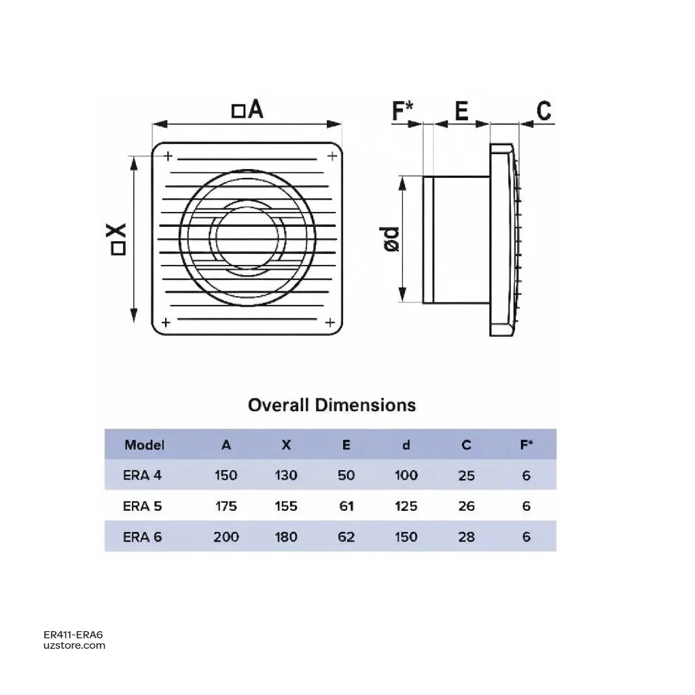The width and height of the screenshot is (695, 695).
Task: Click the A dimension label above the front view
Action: (x=248, y=109)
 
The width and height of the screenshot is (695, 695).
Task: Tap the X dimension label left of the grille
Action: (x=118, y=239)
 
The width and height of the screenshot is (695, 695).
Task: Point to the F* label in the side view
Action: (x=402, y=110)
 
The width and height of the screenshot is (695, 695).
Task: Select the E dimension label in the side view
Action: (x=461, y=111)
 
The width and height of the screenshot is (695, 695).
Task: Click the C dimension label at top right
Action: (x=544, y=111)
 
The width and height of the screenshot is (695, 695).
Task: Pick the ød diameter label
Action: (x=391, y=240)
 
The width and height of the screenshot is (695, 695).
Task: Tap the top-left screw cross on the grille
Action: (x=168, y=156)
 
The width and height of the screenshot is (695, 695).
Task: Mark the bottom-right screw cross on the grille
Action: (x=329, y=322)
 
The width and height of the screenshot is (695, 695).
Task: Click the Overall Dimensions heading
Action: (x=332, y=405)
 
